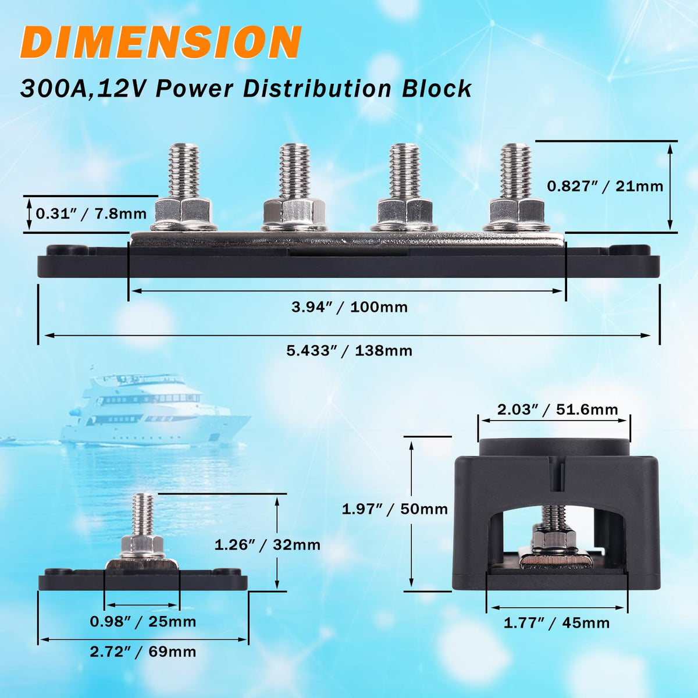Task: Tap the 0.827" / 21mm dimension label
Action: click(605, 186)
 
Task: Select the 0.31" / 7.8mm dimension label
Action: click(91, 213)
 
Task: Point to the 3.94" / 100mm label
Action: click(350, 307)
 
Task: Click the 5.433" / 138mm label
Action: click(349, 351)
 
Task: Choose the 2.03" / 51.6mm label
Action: click(557, 409)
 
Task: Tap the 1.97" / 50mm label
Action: click(395, 510)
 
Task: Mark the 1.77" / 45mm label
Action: click(557, 623)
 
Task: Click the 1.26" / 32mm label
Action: click(268, 545)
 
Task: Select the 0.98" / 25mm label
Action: click(143, 622)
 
